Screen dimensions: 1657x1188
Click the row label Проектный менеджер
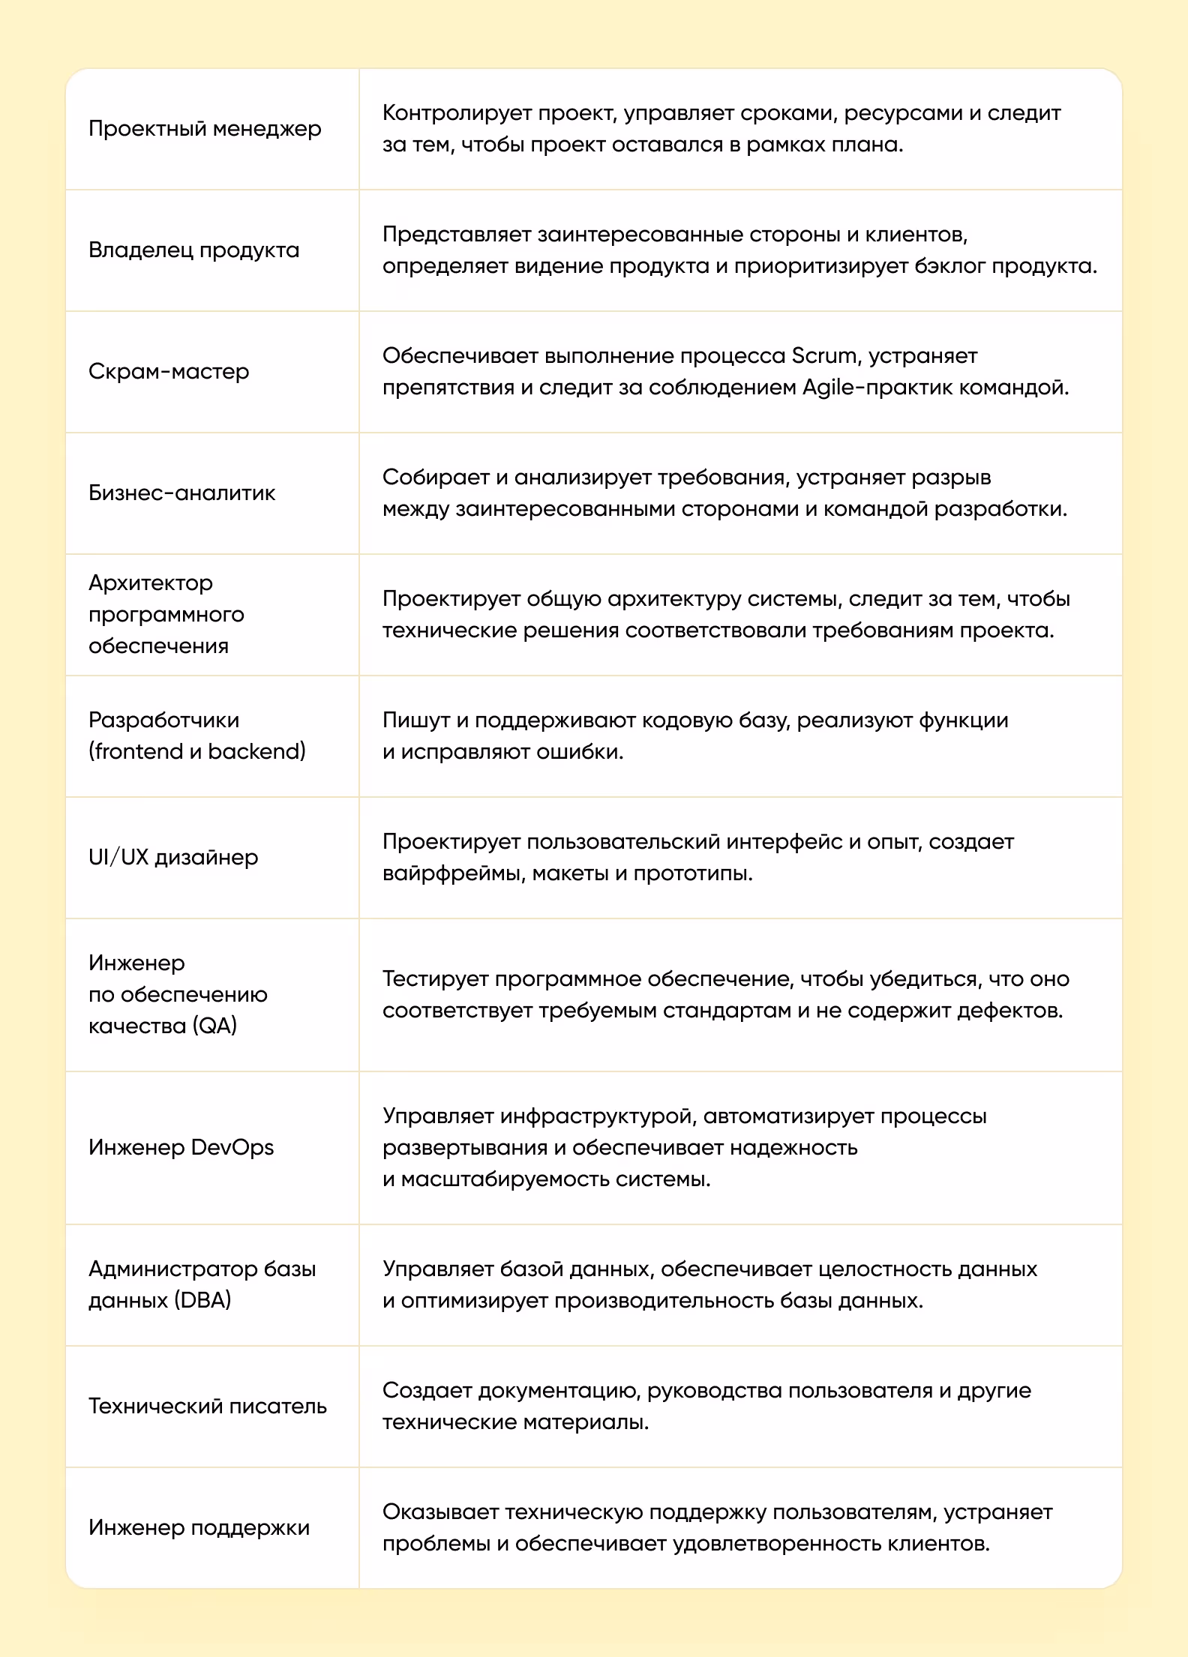click(205, 129)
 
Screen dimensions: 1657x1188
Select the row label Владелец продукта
click(193, 250)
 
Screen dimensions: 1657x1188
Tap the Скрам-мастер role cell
click(169, 371)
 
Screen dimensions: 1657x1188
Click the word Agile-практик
click(877, 388)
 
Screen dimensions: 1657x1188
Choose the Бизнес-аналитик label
click(181, 493)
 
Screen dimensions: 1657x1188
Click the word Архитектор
click(151, 583)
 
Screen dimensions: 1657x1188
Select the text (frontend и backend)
click(197, 751)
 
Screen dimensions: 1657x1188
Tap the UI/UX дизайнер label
click(173, 857)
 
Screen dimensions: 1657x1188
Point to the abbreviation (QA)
click(214, 1026)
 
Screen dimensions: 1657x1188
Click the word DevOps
click(232, 1147)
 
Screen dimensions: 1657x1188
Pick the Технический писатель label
click(208, 1406)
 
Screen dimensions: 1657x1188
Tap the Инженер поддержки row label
click(199, 1527)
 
